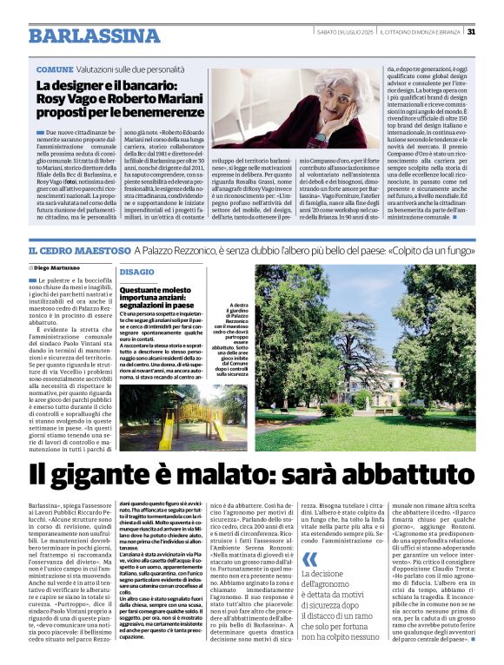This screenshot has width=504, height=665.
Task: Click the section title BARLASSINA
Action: tap(94, 36)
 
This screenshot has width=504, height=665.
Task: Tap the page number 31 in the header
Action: tap(471, 32)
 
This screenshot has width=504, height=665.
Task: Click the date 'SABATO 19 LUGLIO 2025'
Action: tap(346, 32)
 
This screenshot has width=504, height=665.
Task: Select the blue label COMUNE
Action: tap(55, 69)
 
